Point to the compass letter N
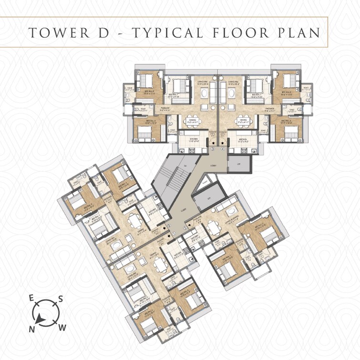32,329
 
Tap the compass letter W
62,327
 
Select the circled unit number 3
213,149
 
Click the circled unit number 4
223,149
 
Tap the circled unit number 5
185,228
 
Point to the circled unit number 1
174,233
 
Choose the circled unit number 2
168,226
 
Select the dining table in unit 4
243,122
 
